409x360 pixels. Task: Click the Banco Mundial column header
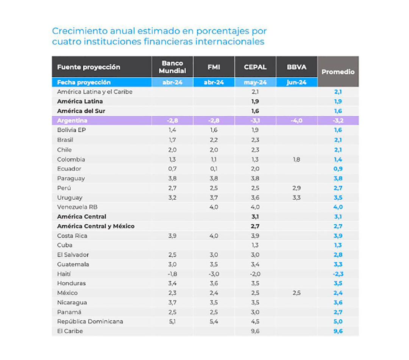tap(172, 67)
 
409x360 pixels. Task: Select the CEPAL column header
tap(255, 67)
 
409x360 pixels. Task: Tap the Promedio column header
tap(338, 72)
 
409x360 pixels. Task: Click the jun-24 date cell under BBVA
tap(297, 82)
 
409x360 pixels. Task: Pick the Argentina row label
tap(72, 121)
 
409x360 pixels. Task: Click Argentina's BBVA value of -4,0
tap(297, 121)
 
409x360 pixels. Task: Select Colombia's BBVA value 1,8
tap(297, 160)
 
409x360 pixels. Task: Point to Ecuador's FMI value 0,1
tap(214, 169)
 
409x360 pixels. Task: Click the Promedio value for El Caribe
tap(338, 331)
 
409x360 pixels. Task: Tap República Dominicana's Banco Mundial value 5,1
tap(172, 321)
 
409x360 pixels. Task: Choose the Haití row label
tap(64, 274)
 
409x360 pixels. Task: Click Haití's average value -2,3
tap(337, 274)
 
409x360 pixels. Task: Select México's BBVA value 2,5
tap(297, 293)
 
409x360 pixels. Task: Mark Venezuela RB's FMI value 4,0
tap(214, 207)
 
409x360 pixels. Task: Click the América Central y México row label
tap(96, 226)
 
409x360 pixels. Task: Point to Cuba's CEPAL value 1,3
tap(255, 245)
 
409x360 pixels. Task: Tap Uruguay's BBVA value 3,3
tap(297, 197)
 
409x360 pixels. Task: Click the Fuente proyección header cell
tap(89, 67)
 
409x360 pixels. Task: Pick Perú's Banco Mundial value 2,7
tap(172, 188)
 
